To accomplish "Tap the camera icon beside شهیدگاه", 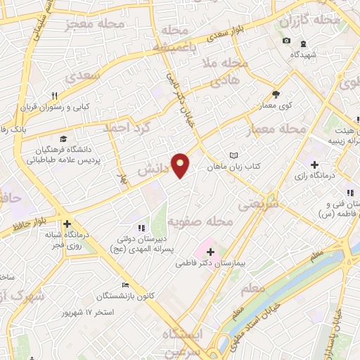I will point(286,40).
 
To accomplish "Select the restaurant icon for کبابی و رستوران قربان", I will point(53,96).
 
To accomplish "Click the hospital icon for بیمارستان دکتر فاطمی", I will point(212,251).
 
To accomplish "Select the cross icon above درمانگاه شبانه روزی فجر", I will point(66,224).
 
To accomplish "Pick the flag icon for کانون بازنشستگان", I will point(125,285).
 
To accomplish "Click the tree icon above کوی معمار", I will point(276,94).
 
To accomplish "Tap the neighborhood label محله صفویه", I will point(200,222).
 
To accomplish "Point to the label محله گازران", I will point(309,22).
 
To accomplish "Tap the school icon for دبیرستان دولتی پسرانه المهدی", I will point(141,228).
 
